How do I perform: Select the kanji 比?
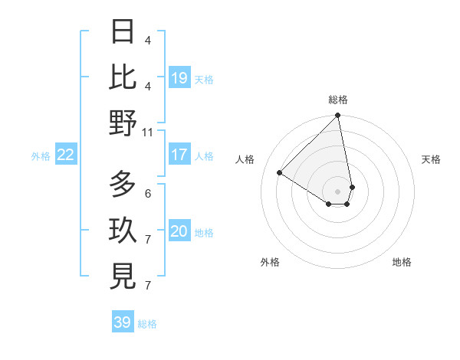[x=123, y=77]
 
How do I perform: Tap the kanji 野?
[x=123, y=123]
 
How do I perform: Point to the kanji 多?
[x=123, y=185]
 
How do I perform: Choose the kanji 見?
[x=123, y=277]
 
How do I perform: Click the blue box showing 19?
[x=179, y=78]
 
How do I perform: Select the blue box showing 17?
[x=179, y=155]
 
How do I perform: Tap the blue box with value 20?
[x=179, y=232]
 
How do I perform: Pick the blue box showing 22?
[x=66, y=155]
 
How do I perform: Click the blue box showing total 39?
[x=123, y=322]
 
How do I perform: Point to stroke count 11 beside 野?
[x=148, y=132]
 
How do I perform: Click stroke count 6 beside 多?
[x=148, y=193]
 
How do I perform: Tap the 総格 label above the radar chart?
[x=338, y=100]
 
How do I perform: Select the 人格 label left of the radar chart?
[x=245, y=159]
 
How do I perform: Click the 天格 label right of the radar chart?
[x=431, y=159]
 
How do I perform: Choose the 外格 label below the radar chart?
[x=270, y=262]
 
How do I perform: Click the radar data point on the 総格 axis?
[x=338, y=116]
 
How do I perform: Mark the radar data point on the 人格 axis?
[x=280, y=172]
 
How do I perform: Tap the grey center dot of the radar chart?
[x=338, y=191]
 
